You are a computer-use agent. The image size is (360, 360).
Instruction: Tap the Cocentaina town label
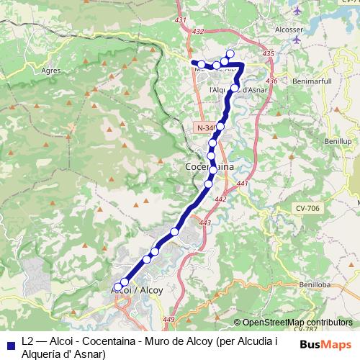tap(210, 167)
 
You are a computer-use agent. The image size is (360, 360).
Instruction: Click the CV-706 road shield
tap(307, 208)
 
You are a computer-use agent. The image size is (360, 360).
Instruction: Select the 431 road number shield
tap(180, 19)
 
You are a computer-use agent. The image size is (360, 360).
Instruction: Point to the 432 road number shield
tap(199, 32)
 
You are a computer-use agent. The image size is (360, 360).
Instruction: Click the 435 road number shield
tap(269, 54)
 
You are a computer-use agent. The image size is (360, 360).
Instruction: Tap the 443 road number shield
tap(205, 223)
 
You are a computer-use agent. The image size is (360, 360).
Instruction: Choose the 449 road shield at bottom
tap(169, 320)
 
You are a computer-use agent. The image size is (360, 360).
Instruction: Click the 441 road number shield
tap(241, 184)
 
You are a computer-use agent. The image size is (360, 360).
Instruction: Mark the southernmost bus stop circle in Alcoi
tap(117, 287)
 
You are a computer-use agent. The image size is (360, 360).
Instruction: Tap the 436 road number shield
tap(271, 80)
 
